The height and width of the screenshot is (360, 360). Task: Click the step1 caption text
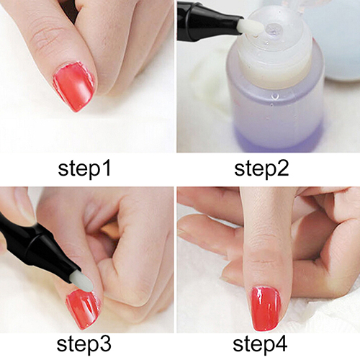(x=84, y=168)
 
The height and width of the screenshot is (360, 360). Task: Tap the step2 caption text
(x=261, y=168)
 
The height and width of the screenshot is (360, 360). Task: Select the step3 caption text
(x=84, y=345)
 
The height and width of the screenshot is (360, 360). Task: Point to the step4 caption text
(x=260, y=345)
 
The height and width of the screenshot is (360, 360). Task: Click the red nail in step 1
(x=74, y=86)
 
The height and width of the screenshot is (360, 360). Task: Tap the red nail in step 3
(x=83, y=308)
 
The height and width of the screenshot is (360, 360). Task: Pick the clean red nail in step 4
(x=266, y=309)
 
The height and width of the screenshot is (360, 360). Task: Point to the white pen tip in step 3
(x=82, y=282)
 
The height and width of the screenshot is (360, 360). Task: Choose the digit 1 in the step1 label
(x=107, y=168)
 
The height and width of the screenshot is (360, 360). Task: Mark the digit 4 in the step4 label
(x=282, y=344)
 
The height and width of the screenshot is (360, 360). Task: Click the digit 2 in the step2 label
(x=283, y=168)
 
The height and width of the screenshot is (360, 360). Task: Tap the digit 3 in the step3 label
(x=106, y=344)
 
